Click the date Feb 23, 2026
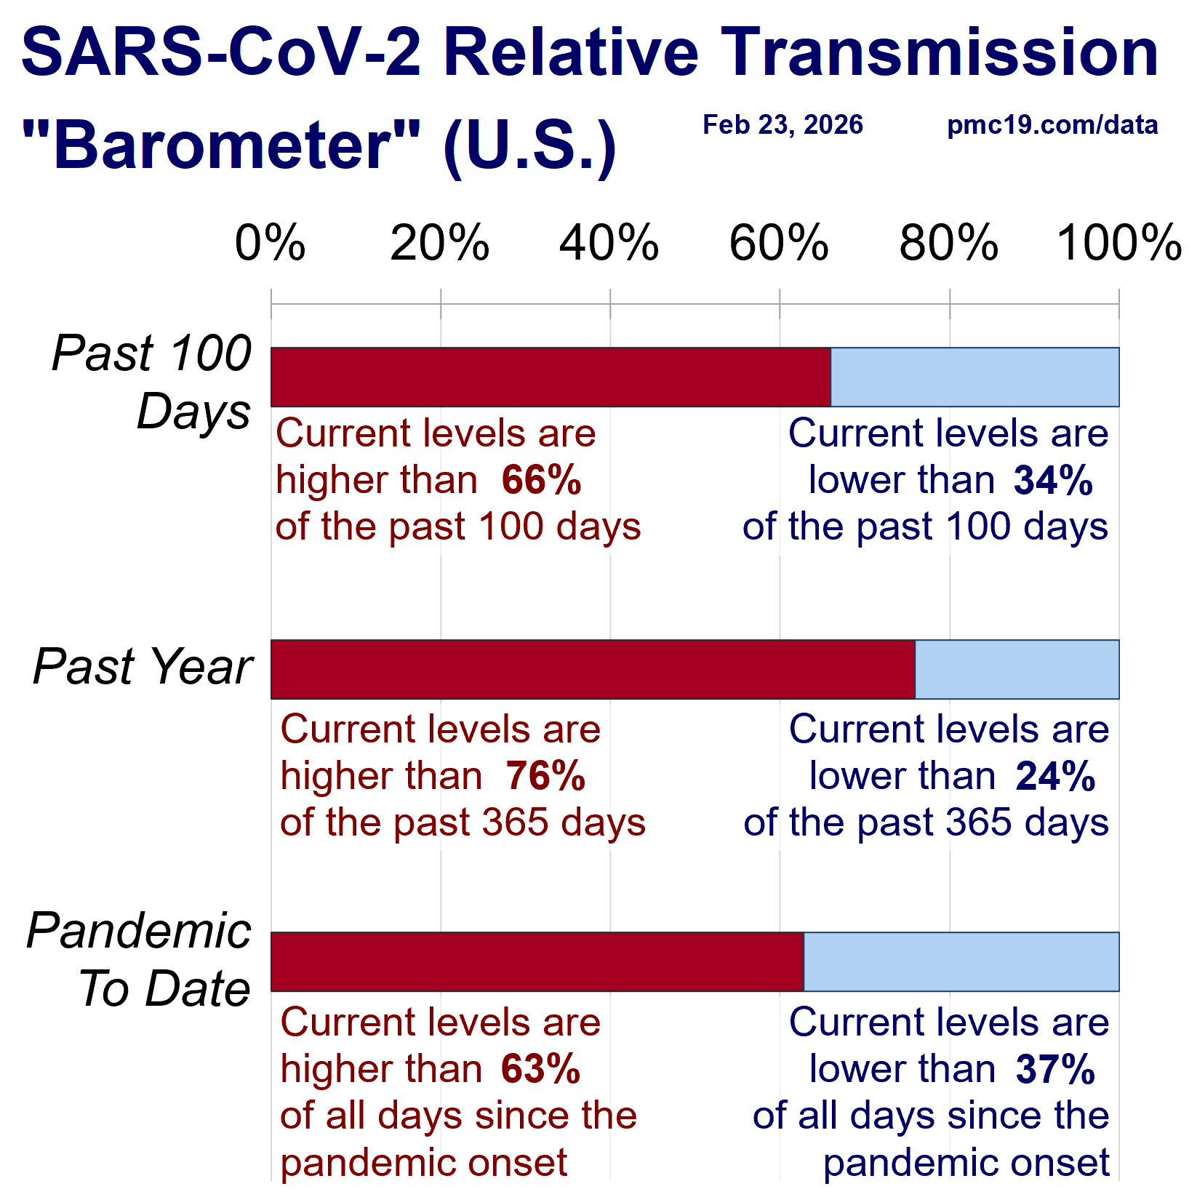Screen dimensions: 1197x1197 point(782,125)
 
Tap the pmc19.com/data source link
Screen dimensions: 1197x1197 point(1052,125)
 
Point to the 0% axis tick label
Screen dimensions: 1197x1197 point(270,243)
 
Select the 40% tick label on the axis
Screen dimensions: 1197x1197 point(609,243)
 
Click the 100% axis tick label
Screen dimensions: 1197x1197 point(1119,243)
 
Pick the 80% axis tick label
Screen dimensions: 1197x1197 point(949,243)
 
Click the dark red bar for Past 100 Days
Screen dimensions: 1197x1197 point(551,377)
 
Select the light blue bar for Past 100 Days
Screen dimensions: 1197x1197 point(974,377)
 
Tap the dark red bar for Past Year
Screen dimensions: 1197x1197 point(593,670)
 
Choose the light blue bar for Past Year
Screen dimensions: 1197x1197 point(1017,670)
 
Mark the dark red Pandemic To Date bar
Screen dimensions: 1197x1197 point(537,961)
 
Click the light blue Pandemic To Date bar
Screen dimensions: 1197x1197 point(961,961)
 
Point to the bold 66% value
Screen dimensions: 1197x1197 point(542,481)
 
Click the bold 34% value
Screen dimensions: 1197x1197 point(1054,481)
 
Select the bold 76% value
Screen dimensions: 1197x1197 point(546,776)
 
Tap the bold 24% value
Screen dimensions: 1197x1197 point(1055,776)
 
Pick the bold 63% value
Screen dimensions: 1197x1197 point(541,1069)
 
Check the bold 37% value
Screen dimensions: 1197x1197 point(1055,1069)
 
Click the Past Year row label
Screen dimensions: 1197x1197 point(143,667)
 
